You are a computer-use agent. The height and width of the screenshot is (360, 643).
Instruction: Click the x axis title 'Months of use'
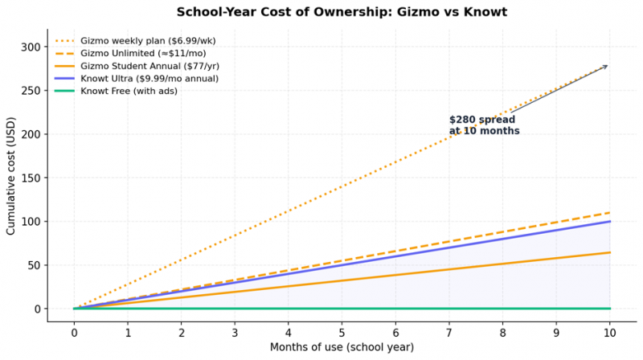(342, 347)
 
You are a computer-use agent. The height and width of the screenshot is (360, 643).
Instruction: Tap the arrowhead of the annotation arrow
(608, 66)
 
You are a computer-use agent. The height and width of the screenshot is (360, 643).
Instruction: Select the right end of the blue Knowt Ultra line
(610, 222)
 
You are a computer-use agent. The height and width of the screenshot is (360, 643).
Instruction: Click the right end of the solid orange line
(610, 252)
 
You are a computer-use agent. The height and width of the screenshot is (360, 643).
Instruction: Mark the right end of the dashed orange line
(610, 213)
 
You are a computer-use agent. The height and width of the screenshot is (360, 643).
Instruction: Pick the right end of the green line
(610, 309)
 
